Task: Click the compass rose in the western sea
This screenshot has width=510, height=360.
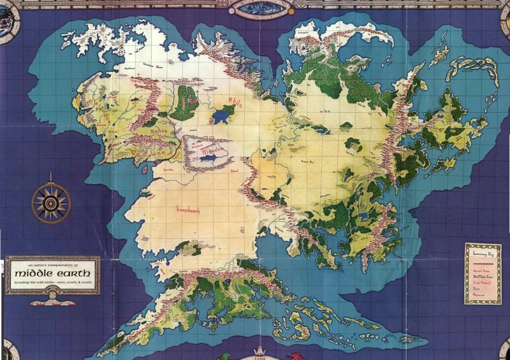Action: tap(48, 201)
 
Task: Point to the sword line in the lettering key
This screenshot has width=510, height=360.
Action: tap(483, 261)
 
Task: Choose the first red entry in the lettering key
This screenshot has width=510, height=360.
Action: tap(481, 270)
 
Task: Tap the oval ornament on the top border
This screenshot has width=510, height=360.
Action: tap(255, 6)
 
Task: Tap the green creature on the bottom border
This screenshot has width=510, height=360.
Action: tap(224, 356)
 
